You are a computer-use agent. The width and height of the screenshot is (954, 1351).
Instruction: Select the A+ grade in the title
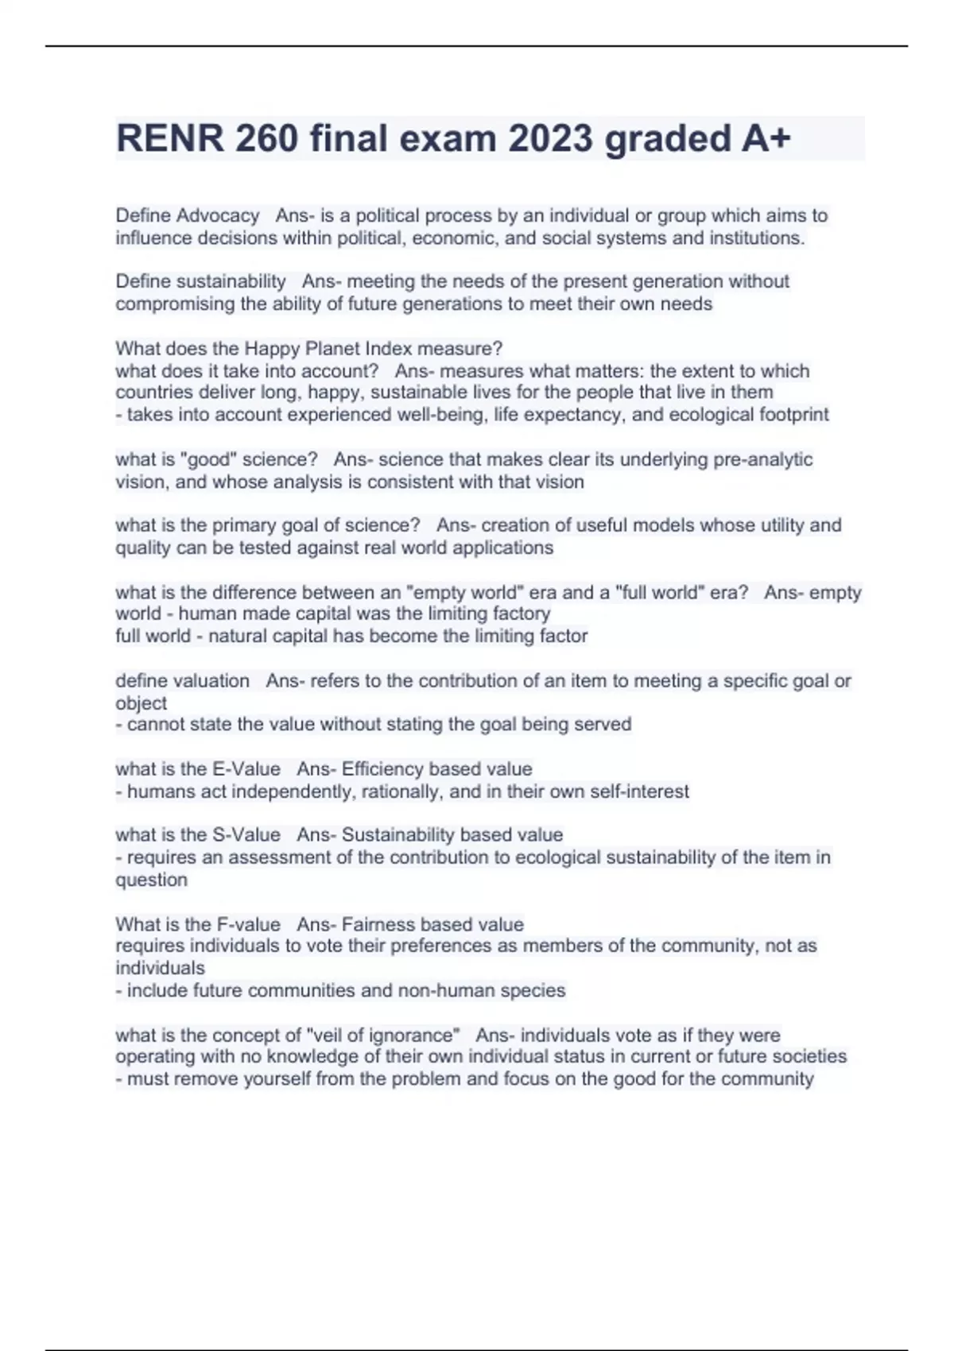pos(766,139)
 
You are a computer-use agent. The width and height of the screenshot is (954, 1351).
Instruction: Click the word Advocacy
pos(218,215)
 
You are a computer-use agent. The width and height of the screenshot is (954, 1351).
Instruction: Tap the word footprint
pos(794,414)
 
